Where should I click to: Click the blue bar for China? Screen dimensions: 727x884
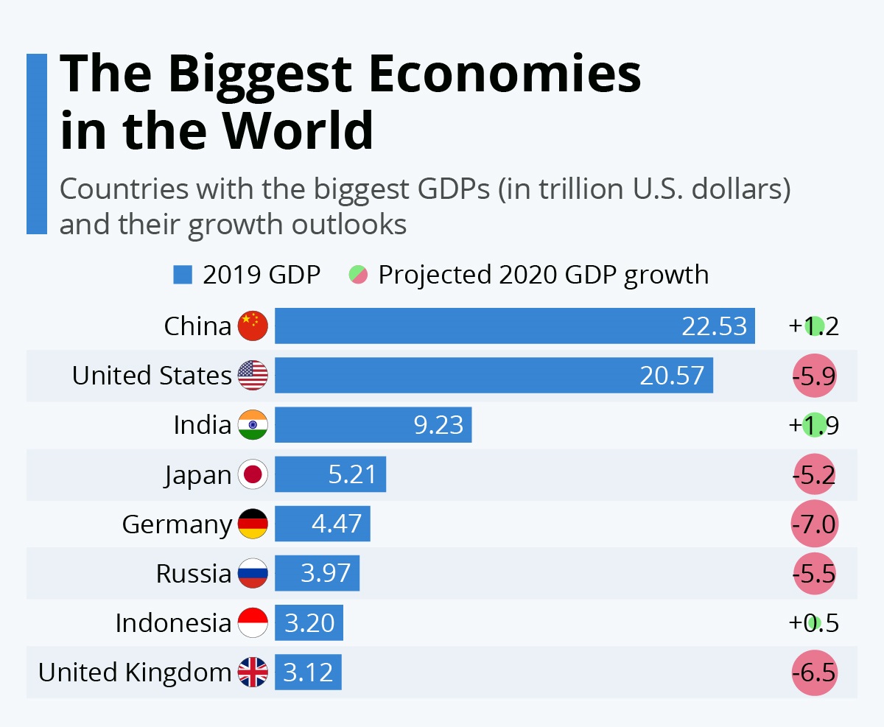[514, 326]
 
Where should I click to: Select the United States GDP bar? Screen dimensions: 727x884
[494, 375]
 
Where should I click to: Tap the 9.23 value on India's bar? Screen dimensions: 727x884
[438, 425]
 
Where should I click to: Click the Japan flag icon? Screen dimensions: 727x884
[253, 474]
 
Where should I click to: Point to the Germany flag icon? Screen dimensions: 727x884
[253, 524]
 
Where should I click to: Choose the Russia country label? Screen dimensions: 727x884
[194, 573]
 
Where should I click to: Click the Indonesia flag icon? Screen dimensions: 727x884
[253, 623]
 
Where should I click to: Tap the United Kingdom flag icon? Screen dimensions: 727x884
[253, 672]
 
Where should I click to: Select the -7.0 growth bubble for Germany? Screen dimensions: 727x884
[814, 524]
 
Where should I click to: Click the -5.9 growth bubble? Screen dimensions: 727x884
[814, 376]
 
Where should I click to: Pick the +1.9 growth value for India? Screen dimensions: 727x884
[813, 425]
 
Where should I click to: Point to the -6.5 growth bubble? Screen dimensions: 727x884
[814, 672]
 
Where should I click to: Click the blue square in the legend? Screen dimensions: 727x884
[182, 275]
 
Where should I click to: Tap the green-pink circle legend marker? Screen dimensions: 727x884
[358, 275]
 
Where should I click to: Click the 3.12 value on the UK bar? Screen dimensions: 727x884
[309, 672]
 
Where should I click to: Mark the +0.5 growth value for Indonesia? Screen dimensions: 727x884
[813, 623]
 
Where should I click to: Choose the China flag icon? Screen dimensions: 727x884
[253, 326]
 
